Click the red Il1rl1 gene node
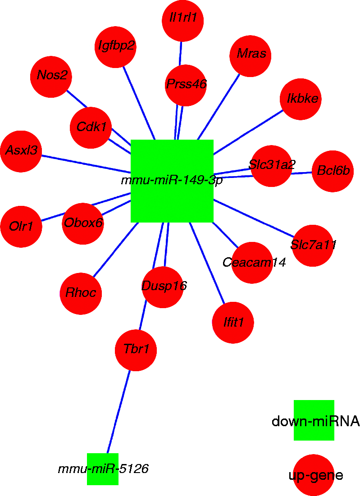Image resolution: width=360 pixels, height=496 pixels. tap(182, 21)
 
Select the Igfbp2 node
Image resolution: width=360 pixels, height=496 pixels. tap(116, 47)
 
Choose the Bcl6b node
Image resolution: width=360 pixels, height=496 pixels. tap(333, 171)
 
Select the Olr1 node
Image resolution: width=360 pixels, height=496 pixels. tap(21, 227)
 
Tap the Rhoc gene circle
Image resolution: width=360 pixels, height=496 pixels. tap(81, 294)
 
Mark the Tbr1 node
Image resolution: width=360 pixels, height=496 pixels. tap(136, 350)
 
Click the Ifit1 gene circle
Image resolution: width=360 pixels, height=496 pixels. tap(233, 323)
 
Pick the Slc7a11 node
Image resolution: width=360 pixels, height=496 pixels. tap(313, 246)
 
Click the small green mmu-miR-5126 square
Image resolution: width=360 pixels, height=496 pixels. tap(103, 469)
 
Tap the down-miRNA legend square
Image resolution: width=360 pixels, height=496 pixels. tap(314, 420)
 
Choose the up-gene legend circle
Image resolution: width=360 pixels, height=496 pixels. tap(314, 475)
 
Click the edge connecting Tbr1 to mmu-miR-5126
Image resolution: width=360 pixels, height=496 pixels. tap(118, 412)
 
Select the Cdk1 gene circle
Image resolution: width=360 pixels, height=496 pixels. tap(91, 127)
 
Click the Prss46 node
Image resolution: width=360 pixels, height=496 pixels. tap(186, 85)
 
